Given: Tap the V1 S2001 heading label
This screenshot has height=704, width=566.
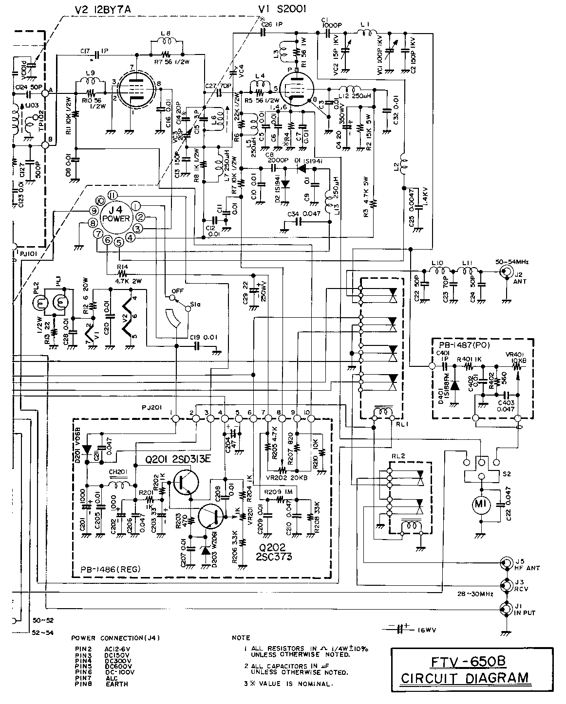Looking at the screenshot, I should pyautogui.click(x=282, y=9).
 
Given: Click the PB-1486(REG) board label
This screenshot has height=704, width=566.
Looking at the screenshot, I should pyautogui.click(x=106, y=570).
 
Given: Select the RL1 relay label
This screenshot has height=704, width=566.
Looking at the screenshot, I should pyautogui.click(x=395, y=423).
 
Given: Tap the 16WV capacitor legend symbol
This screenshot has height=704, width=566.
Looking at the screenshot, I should pyautogui.click(x=400, y=629).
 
